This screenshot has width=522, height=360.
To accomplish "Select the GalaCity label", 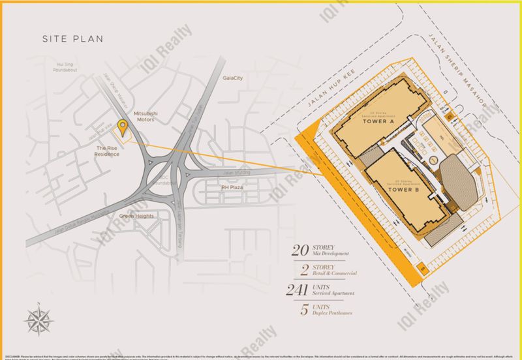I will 232,95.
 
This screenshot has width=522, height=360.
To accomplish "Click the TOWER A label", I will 377,121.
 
